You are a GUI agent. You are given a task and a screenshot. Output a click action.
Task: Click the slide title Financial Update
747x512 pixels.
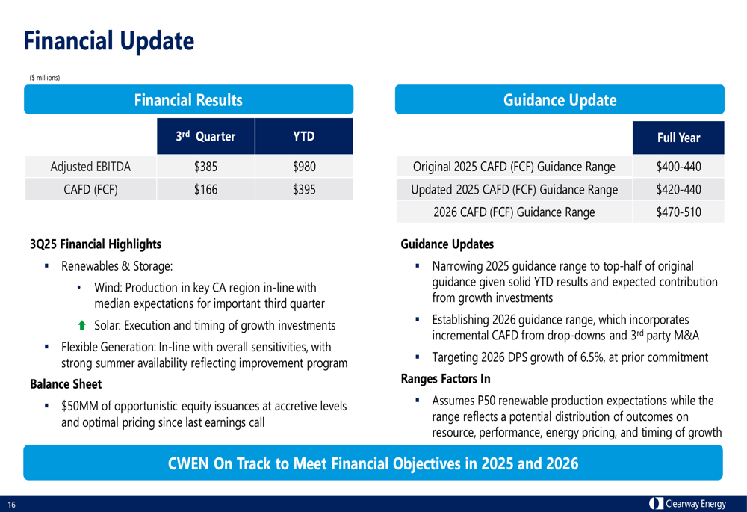(108, 41)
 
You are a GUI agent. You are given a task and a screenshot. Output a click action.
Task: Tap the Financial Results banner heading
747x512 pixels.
(188, 100)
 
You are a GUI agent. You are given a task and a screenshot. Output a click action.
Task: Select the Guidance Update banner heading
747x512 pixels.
(560, 100)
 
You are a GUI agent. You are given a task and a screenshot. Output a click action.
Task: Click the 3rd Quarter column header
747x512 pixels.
(205, 137)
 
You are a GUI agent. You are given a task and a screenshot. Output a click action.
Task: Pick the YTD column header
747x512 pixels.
(304, 137)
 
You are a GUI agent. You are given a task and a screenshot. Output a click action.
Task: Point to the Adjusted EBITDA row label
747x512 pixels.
(90, 167)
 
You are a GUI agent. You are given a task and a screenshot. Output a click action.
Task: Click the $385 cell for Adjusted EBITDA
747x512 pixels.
(205, 167)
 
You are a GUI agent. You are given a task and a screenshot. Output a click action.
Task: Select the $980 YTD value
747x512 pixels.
(304, 167)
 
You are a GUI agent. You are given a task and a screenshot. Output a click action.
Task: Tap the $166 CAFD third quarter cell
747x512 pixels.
(205, 190)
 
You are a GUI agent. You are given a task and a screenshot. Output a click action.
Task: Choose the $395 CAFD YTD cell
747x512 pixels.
(304, 190)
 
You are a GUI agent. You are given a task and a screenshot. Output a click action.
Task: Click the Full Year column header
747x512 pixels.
(678, 138)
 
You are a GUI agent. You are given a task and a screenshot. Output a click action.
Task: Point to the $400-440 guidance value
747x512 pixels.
(678, 167)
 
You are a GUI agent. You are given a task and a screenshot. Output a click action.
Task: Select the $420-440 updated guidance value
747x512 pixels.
(678, 190)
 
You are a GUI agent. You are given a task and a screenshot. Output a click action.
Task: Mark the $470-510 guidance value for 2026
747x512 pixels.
(678, 212)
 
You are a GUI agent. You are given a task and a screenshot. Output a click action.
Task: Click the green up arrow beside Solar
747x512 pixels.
(82, 326)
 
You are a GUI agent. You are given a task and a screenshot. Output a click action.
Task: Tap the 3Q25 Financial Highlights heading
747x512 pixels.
(95, 244)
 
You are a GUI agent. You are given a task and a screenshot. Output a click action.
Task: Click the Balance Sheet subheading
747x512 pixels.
(66, 384)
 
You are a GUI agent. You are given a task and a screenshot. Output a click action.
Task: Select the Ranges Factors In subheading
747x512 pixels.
(445, 379)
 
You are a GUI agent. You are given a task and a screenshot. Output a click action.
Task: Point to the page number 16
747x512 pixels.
(12, 505)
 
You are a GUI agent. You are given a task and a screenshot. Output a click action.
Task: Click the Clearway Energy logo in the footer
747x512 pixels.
(687, 504)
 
